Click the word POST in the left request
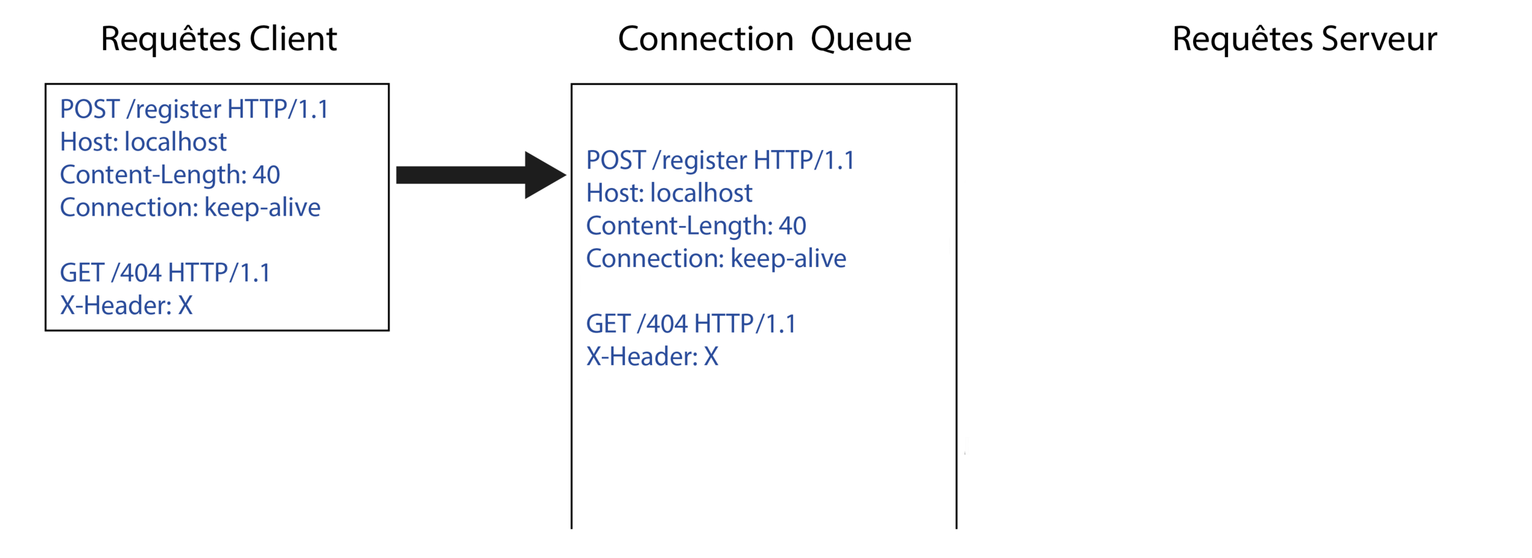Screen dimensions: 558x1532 coord(89,110)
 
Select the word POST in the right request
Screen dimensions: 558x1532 coord(616,160)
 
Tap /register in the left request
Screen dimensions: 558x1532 coord(173,110)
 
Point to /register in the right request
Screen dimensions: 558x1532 coord(700,161)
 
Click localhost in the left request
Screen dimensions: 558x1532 coord(175,142)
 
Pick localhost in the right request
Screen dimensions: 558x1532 coord(702,194)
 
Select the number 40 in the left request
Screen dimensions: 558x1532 coord(266,175)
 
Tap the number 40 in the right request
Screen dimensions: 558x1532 coord(792,227)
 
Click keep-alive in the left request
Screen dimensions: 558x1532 coord(262,208)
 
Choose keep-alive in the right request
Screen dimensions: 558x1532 coord(789,259)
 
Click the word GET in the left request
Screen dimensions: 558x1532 coord(82,273)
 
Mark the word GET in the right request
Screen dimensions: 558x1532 coord(609,324)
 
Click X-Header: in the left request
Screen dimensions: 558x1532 coord(115,306)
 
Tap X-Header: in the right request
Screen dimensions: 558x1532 coord(642,356)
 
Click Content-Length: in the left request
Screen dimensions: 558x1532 coord(153,175)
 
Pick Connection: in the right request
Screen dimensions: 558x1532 coord(655,259)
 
